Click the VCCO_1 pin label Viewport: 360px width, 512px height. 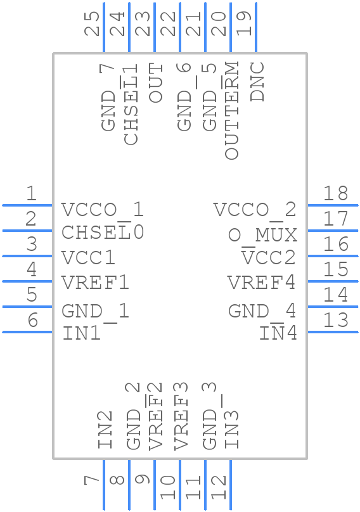pyautogui.click(x=103, y=210)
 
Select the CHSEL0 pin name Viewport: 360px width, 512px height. pyautogui.click(x=103, y=233)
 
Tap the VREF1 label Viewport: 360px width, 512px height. pyautogui.click(x=95, y=282)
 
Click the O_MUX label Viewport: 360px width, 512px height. pyautogui.click(x=262, y=235)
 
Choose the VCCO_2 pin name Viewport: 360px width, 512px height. pyautogui.click(x=254, y=210)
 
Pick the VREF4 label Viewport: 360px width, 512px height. pyautogui.click(x=262, y=282)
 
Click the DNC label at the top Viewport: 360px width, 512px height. pyautogui.click(x=257, y=82)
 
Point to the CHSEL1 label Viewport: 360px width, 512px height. pyautogui.click(x=131, y=105)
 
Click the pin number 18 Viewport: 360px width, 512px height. pyautogui.click(x=336, y=193)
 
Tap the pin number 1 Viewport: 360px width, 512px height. pyautogui.click(x=31, y=193)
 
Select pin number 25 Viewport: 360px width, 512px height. pyautogui.click(x=93, y=23)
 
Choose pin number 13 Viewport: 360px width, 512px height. pyautogui.click(x=336, y=320)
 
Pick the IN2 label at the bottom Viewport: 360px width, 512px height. pyautogui.click(x=106, y=430)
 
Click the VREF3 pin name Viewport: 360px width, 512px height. pyautogui.click(x=181, y=416)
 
